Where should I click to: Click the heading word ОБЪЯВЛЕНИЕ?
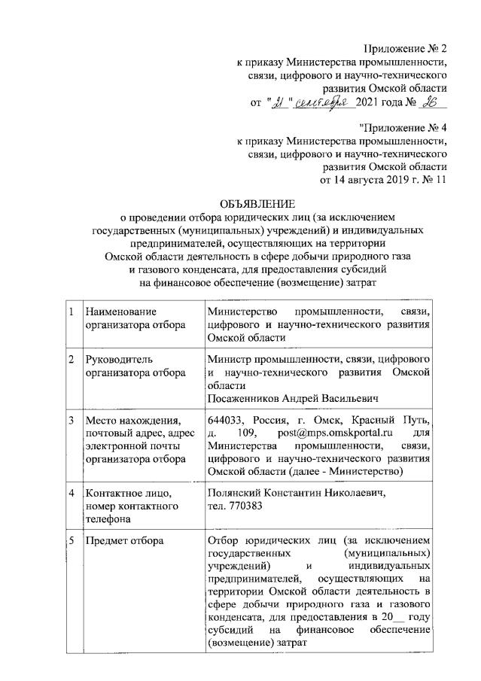coord(258,204)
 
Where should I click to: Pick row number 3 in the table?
coord(71,420)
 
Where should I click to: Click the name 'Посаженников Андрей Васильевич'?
coord(291,398)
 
